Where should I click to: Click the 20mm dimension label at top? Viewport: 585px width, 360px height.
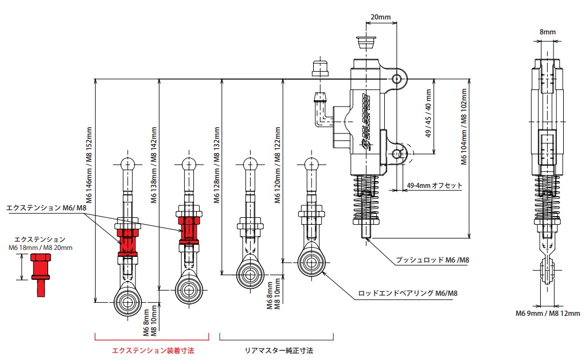[x=380, y=17]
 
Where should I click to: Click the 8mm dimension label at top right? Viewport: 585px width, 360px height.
[x=548, y=32]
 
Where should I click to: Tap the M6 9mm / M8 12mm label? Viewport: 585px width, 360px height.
[x=547, y=314]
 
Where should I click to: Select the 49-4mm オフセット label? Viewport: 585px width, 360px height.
[x=434, y=186]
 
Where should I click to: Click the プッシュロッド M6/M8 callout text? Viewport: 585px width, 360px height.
[x=433, y=260]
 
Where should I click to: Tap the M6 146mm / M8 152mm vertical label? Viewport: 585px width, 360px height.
[x=90, y=163]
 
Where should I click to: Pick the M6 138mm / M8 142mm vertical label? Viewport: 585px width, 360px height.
[x=154, y=163]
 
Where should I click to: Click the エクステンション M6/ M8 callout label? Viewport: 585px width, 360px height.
[x=45, y=208]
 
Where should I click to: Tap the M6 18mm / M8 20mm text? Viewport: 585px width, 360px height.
[x=40, y=247]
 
